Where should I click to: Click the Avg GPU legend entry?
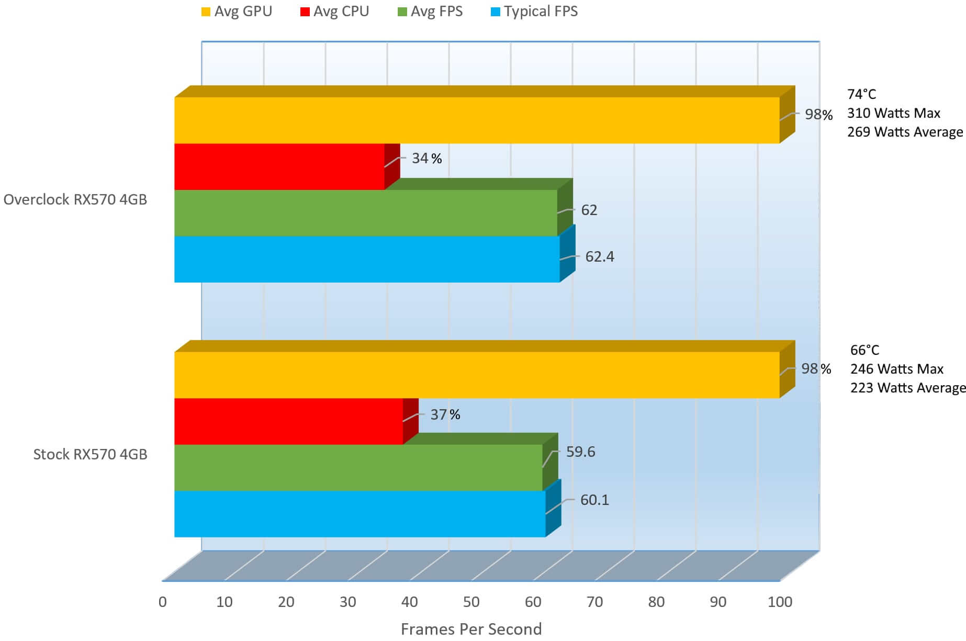pyautogui.click(x=237, y=12)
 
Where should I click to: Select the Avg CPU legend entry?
pyautogui.click(x=335, y=12)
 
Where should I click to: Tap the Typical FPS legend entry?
pyautogui.click(x=535, y=12)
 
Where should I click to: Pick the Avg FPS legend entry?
pyautogui.click(x=431, y=12)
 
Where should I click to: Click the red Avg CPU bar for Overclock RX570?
pyautogui.click(x=279, y=166)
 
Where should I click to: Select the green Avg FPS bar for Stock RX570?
pyautogui.click(x=358, y=467)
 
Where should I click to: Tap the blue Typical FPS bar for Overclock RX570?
pyautogui.click(x=366, y=259)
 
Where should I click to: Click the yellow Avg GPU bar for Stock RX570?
pyautogui.click(x=476, y=375)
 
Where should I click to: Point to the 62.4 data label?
pyautogui.click(x=599, y=256)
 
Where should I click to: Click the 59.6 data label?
pyautogui.click(x=580, y=452)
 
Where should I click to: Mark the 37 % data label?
pyautogui.click(x=445, y=414)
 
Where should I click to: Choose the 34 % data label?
pyautogui.click(x=426, y=158)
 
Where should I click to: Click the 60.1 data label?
pyautogui.click(x=594, y=500)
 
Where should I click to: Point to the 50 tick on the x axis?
pyautogui.click(x=471, y=602)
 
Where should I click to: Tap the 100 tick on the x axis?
pyautogui.click(x=780, y=602)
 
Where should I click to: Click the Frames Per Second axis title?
pyautogui.click(x=471, y=629)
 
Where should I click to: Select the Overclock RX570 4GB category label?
pyautogui.click(x=75, y=199)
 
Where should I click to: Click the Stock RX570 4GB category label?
pyautogui.click(x=90, y=454)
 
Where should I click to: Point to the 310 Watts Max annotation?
pyautogui.click(x=893, y=113)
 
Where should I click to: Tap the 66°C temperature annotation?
pyautogui.click(x=864, y=350)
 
